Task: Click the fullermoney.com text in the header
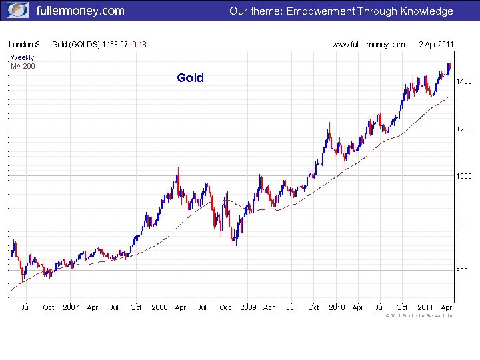click(x=80, y=11)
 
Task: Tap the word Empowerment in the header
click(x=321, y=11)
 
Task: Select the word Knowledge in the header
click(x=427, y=11)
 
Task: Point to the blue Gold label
click(x=190, y=79)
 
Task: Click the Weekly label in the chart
click(x=22, y=57)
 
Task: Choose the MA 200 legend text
click(x=23, y=66)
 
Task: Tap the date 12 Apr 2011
click(x=434, y=45)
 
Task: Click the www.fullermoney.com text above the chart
click(x=369, y=45)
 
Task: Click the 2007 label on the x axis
click(x=71, y=307)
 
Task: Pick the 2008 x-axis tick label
click(x=159, y=307)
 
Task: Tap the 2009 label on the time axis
click(x=248, y=307)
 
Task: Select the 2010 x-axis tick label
click(x=337, y=307)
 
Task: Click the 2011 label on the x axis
click(x=425, y=307)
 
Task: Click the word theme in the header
click(x=265, y=11)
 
